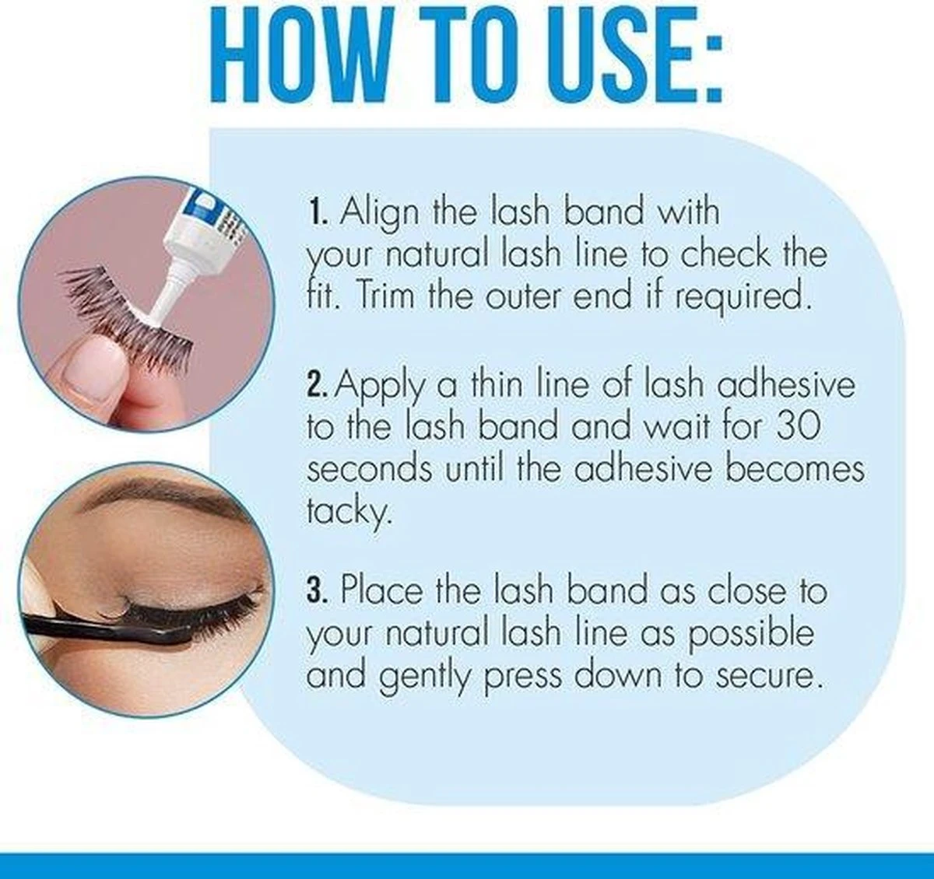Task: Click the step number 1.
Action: coord(313,212)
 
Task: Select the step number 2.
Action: coord(314,385)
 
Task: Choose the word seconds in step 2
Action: coord(369,469)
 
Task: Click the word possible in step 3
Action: coord(750,634)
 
